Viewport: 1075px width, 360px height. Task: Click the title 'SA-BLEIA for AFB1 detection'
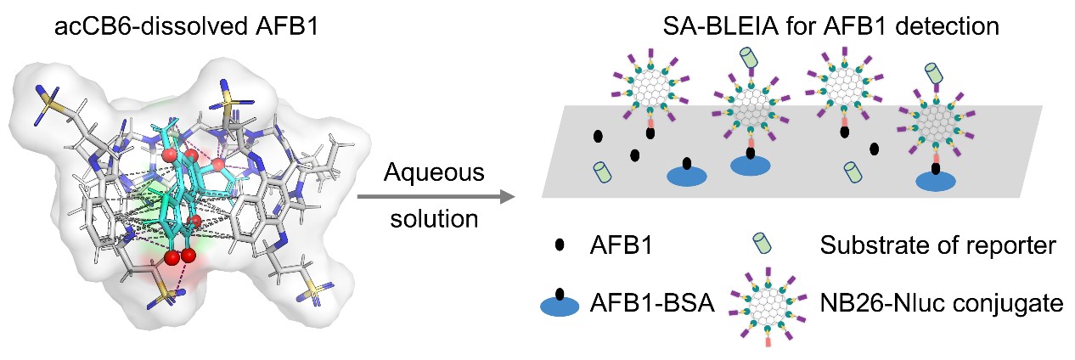(831, 27)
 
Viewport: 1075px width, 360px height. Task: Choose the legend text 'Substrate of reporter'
(937, 247)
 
